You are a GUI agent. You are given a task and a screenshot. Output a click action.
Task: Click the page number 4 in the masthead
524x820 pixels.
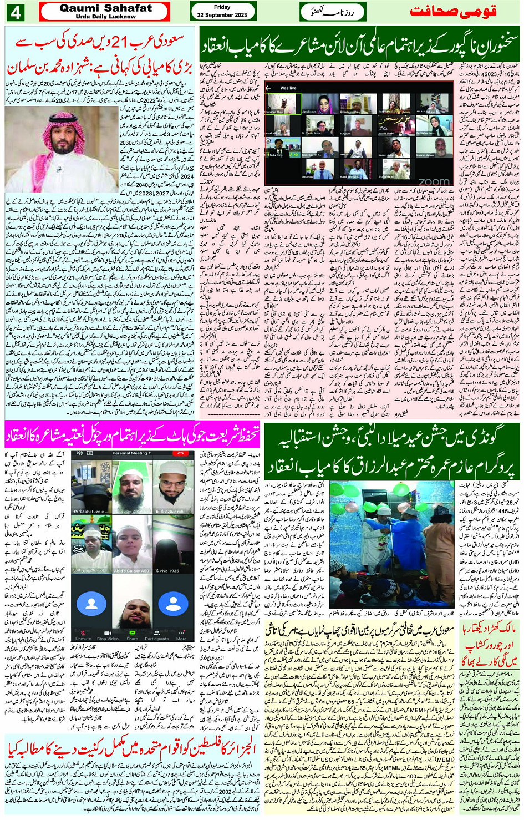[x=15, y=11]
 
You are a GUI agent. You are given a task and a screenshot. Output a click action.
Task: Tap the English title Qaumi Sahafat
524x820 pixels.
[x=105, y=8]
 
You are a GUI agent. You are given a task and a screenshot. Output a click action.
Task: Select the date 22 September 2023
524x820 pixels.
[x=222, y=15]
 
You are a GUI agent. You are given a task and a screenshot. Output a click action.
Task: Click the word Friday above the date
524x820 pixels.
[x=222, y=7]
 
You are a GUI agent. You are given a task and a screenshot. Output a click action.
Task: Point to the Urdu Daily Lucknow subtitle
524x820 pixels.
[x=105, y=17]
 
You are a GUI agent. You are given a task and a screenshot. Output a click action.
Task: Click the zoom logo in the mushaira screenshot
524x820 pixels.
[x=434, y=181]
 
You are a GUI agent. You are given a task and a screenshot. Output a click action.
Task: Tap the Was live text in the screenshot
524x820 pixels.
[x=288, y=88]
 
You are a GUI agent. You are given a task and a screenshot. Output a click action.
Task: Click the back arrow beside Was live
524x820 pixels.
[x=269, y=88]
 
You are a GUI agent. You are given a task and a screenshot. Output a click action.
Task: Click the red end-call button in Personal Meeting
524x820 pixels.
[x=180, y=453]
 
